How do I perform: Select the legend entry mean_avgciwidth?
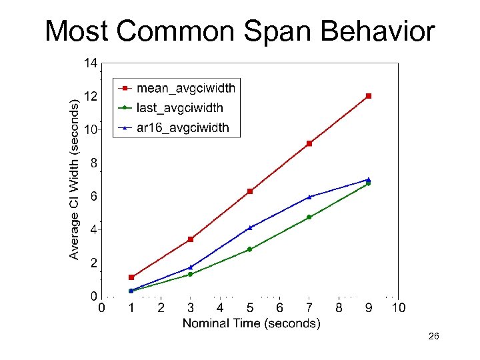click(x=185, y=87)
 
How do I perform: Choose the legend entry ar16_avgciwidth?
click(x=182, y=127)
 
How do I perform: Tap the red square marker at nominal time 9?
click(x=369, y=96)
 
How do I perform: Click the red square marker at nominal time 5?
click(x=250, y=191)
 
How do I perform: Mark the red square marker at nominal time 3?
click(x=191, y=239)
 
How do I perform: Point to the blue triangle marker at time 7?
click(x=309, y=197)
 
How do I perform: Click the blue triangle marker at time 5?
click(x=250, y=227)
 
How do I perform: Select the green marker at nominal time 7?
click(x=309, y=217)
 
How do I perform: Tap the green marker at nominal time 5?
click(x=250, y=249)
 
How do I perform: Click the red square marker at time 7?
click(x=309, y=143)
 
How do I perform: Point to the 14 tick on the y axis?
click(x=90, y=63)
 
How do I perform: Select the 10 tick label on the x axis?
click(x=398, y=308)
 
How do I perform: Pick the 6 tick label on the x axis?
click(x=279, y=308)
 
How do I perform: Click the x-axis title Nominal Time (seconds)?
click(x=251, y=324)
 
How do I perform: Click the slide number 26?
click(x=433, y=338)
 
